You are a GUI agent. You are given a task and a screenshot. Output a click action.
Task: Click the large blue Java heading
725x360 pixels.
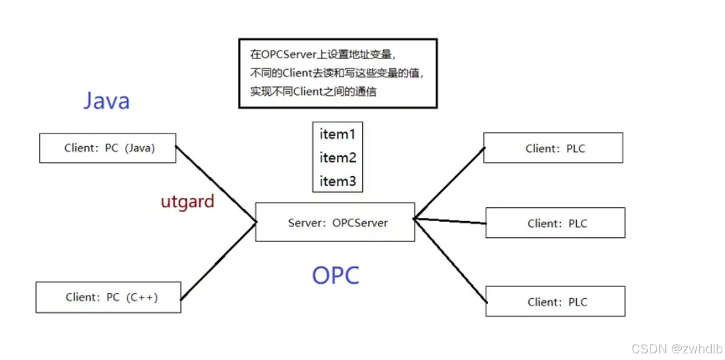106,101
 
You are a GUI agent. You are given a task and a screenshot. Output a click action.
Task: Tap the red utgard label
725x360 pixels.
187,202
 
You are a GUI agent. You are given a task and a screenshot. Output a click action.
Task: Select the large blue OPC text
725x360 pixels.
336,275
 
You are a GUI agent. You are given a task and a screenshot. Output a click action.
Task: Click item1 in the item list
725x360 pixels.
338,134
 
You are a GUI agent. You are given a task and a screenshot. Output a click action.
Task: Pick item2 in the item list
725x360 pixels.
338,158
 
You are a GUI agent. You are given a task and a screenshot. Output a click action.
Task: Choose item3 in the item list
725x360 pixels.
338,181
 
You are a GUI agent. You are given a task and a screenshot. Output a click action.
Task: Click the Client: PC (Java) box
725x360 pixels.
108,148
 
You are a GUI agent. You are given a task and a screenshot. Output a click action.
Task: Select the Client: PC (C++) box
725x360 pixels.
108,297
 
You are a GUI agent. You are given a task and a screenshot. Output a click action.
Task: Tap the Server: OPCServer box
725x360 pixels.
335,223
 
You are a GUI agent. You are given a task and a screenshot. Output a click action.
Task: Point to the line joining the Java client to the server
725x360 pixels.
216,183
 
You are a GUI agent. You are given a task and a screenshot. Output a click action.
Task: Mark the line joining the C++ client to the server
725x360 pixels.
218,260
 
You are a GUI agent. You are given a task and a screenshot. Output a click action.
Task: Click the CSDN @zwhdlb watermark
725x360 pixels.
676,349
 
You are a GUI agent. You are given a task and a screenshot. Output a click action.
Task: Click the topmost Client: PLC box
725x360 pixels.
553,148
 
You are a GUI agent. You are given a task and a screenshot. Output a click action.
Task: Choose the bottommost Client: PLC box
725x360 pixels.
556,302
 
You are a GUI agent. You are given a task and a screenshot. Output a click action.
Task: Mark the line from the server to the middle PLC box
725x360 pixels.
450,220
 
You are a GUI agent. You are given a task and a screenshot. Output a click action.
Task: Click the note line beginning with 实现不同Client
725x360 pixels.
313,92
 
